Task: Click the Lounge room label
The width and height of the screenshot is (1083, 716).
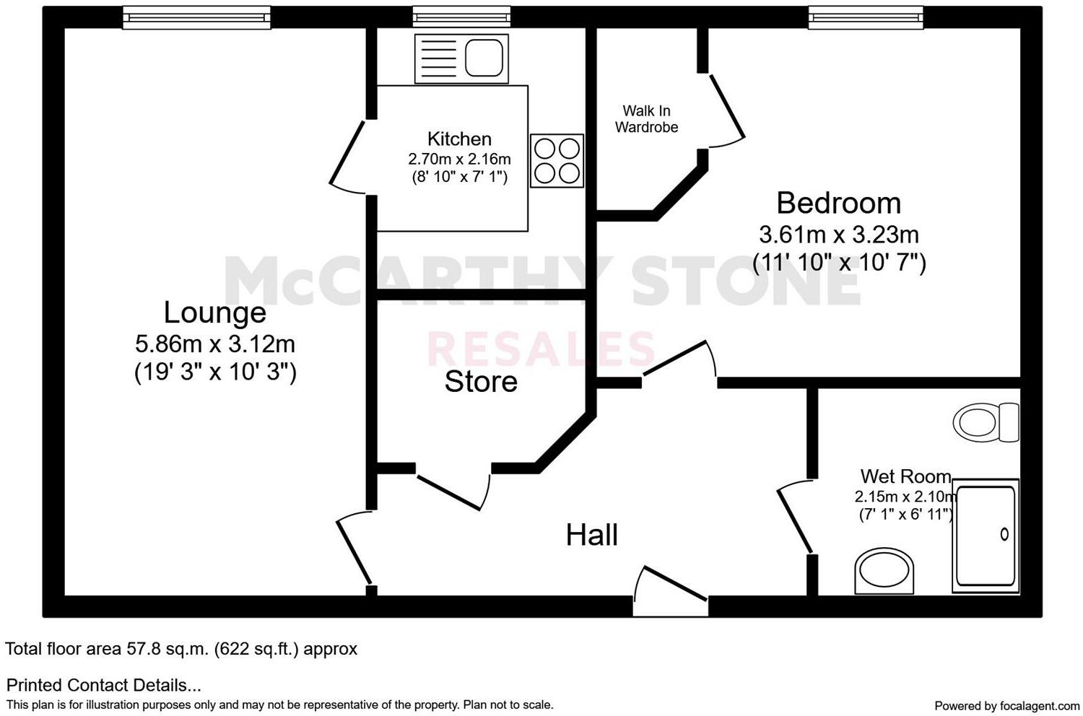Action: click(x=214, y=313)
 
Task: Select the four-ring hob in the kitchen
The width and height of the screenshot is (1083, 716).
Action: click(x=557, y=161)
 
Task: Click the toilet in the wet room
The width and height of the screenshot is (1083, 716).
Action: click(x=985, y=422)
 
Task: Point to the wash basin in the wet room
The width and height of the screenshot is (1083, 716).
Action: click(x=884, y=570)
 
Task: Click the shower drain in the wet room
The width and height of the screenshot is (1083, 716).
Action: click(x=1004, y=535)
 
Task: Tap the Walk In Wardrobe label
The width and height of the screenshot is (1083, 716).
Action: click(x=646, y=119)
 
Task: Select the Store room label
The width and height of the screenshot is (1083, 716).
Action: click(x=481, y=382)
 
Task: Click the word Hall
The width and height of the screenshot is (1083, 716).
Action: click(x=591, y=535)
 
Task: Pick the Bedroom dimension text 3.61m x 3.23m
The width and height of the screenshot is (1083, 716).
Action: click(x=838, y=235)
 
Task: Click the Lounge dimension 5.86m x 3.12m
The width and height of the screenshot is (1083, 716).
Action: click(x=214, y=343)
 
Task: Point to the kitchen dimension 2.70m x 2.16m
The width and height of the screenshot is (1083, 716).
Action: click(x=459, y=159)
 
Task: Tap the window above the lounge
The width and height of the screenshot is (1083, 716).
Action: click(x=196, y=17)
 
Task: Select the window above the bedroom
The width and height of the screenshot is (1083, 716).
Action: click(x=865, y=17)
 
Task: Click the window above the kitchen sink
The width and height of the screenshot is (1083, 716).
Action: click(x=461, y=17)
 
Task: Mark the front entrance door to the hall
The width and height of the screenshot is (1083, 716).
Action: click(x=670, y=592)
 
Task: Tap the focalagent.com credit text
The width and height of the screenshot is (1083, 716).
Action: click(x=1006, y=705)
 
